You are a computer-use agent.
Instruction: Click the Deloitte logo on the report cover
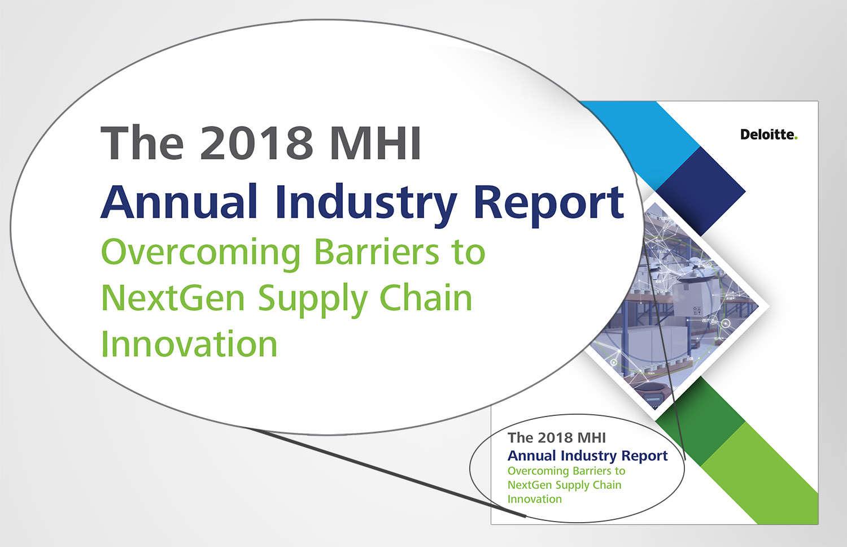point(769,134)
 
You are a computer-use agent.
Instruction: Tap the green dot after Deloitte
point(796,138)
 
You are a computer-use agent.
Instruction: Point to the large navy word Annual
point(179,202)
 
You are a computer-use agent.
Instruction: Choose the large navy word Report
point(549,206)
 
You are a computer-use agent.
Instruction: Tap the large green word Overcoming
point(201,254)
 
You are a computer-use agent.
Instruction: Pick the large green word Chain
point(426,298)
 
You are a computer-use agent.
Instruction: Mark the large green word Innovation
point(189,344)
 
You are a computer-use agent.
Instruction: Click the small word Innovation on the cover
point(535,500)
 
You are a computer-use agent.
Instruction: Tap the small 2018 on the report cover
point(555,438)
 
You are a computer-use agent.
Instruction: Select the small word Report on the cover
point(645,456)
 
